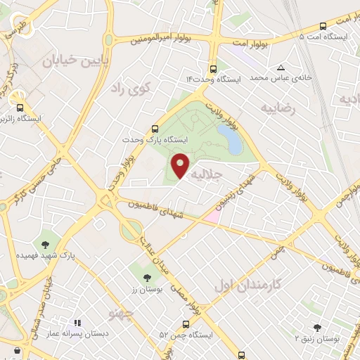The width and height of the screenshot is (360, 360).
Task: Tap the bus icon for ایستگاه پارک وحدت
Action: pyautogui.click(x=155, y=128)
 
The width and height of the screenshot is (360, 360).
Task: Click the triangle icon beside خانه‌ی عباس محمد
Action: pyautogui.click(x=281, y=67)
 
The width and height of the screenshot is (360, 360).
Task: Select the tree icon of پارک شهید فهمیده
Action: pyautogui.click(x=46, y=245)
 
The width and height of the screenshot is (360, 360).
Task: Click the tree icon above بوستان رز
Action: pyautogui.click(x=146, y=277)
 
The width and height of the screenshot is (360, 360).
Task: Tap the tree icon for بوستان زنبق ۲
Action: pyautogui.click(x=317, y=327)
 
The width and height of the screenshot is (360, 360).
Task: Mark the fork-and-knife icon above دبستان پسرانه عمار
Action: pyautogui.click(x=77, y=323)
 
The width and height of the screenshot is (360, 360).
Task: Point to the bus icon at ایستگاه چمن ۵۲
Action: pyautogui.click(x=186, y=324)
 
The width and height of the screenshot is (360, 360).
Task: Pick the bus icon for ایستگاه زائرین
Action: pyautogui.click(x=20, y=108)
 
